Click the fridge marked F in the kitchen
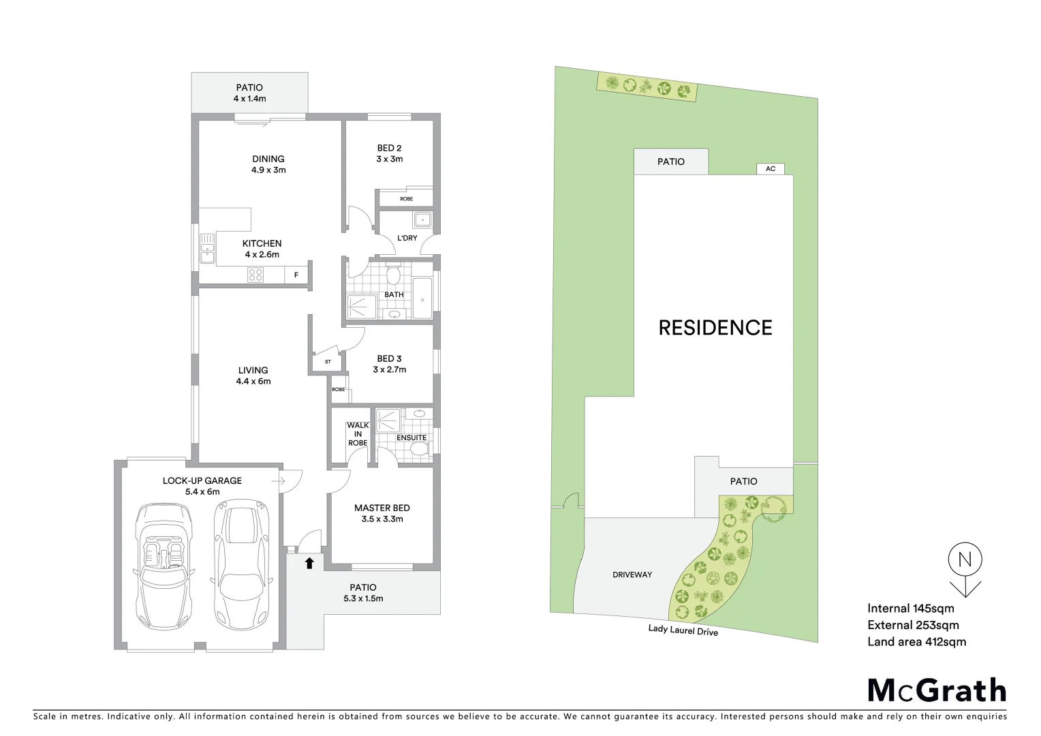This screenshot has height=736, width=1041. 296,275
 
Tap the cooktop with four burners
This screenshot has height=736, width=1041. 255,275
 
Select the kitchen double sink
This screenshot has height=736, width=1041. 207,249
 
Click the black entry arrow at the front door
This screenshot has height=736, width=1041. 309,563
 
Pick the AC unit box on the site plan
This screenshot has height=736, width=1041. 771,168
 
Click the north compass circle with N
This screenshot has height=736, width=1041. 965,560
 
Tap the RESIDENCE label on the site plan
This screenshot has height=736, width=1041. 715,328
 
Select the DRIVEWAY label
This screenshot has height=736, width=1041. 632,574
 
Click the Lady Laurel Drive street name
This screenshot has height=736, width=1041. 683,630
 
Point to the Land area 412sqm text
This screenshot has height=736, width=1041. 916,641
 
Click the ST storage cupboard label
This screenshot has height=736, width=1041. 328,362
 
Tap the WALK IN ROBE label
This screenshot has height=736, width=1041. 358,434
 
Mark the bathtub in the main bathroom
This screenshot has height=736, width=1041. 422,298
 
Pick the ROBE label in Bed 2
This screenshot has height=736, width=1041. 406,199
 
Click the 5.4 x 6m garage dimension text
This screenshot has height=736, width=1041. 202,491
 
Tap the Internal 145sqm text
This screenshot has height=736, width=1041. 911,609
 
